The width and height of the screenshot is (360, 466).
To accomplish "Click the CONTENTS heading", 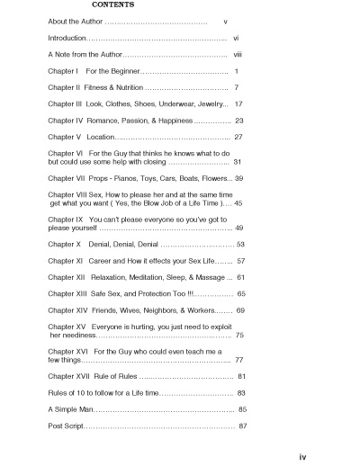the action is pos(113,5).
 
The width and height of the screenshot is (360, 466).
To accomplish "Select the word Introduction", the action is pos(67,40).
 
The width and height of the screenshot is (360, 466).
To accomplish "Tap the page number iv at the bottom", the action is pos(302,457).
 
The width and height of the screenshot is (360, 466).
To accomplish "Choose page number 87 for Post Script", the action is pos(243,425).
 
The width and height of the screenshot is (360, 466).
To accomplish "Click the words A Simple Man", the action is pos(71,408).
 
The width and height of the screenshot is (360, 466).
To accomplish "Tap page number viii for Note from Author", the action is pos(239,55).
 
